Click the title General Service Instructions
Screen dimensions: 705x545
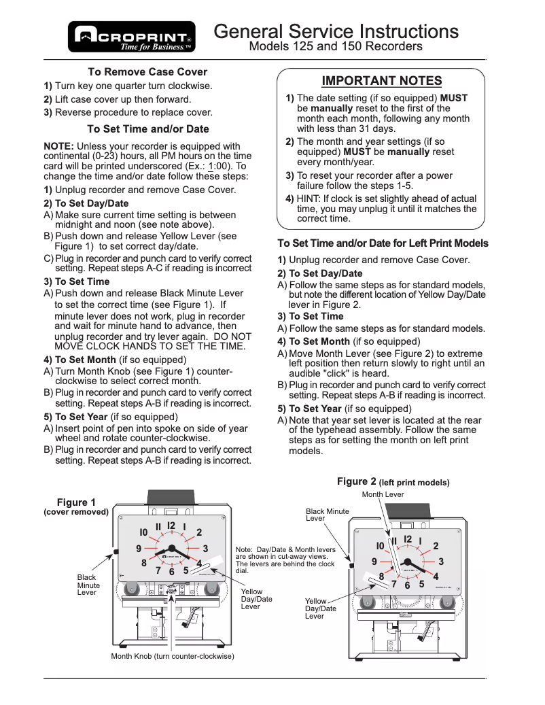click(336, 31)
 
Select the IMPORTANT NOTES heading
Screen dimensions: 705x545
click(381, 81)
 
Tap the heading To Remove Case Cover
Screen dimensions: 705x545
click(147, 72)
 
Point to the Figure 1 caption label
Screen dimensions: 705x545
click(76, 503)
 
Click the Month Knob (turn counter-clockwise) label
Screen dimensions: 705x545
click(173, 656)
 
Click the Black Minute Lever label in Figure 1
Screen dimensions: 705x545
click(88, 585)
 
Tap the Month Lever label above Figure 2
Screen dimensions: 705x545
click(383, 494)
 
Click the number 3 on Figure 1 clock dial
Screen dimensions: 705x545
click(205, 548)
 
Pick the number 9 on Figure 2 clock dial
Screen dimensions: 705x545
click(374, 562)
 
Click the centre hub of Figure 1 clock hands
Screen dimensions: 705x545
click(172, 549)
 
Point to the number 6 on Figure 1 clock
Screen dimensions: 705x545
click(172, 572)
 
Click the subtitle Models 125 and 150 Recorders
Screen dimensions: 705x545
click(336, 47)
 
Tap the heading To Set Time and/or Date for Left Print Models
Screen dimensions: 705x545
click(383, 243)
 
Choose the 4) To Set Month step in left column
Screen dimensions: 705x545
click(80, 360)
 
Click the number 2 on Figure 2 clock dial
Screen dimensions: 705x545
click(436, 545)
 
